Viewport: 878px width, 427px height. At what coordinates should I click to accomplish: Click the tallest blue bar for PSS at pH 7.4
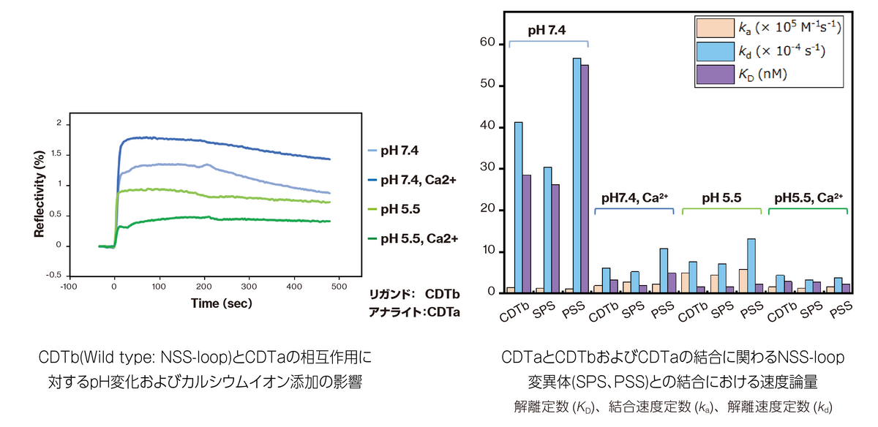tap(577, 175)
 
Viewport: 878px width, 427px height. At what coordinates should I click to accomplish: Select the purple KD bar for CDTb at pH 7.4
tap(527, 234)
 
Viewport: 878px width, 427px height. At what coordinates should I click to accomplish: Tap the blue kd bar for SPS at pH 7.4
tap(548, 230)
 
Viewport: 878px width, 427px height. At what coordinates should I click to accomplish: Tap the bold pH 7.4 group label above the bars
tap(547, 30)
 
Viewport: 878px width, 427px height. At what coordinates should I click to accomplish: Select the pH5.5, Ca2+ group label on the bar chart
tap(808, 197)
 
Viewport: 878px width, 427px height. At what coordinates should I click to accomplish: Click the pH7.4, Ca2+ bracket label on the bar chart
tap(634, 197)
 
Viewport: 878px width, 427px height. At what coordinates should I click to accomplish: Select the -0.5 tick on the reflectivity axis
tap(53, 276)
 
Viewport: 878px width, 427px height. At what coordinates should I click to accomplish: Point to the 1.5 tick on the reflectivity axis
tap(56, 154)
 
